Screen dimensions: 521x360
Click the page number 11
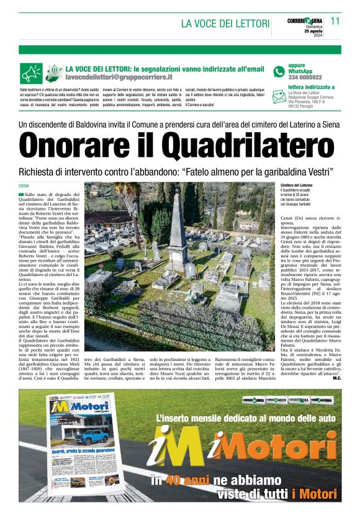[335, 21]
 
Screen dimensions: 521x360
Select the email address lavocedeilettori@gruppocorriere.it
[119, 78]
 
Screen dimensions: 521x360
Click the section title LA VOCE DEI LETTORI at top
[224, 24]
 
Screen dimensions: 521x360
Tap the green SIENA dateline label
[24, 185]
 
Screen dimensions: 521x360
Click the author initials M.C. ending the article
[336, 378]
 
